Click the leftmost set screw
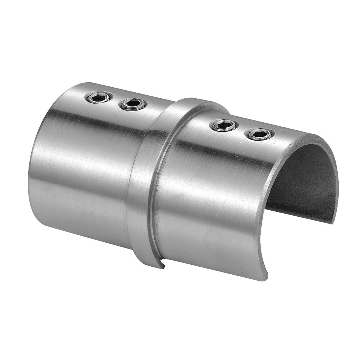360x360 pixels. (x=99, y=98)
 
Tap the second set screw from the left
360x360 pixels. (x=133, y=104)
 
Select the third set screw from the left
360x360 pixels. (x=224, y=125)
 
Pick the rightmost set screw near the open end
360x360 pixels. (x=260, y=134)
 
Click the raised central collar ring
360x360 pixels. (x=143, y=183)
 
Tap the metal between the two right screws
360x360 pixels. (x=242, y=130)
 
